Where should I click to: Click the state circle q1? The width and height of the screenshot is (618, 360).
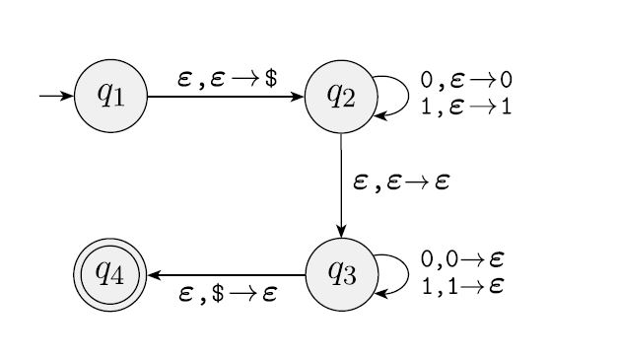pos(110,97)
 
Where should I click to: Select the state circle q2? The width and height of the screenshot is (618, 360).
pos(341,97)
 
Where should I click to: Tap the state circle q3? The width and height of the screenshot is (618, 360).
pos(341,274)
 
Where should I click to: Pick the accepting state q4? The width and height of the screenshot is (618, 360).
pos(110,274)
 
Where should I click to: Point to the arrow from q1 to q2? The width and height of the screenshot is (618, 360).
pos(226,97)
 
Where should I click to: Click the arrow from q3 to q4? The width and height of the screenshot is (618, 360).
pos(226,275)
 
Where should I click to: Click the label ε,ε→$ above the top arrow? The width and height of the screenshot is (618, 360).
pos(227,79)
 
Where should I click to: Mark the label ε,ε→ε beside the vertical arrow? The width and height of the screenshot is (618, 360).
pos(400,182)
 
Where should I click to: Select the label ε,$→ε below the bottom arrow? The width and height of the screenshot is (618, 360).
pos(228,294)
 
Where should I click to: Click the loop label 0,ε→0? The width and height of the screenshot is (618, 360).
pos(465,80)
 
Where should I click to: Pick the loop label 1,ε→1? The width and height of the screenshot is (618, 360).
pos(465,107)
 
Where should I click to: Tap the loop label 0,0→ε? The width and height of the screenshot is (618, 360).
pos(463,259)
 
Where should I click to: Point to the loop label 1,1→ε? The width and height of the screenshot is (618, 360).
pos(463,286)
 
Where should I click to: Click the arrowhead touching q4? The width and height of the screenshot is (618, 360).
pos(154,275)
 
